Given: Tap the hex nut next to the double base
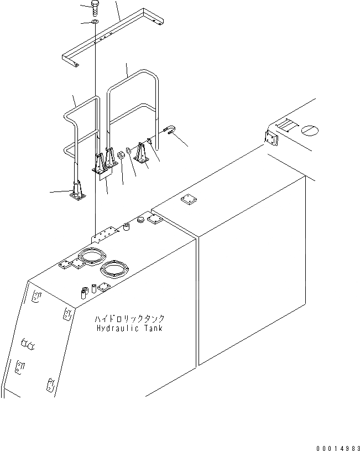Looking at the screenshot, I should click(119, 157).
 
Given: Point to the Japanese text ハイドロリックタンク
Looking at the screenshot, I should click(129, 319).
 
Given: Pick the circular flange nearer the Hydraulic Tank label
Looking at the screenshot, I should click(115, 271).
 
